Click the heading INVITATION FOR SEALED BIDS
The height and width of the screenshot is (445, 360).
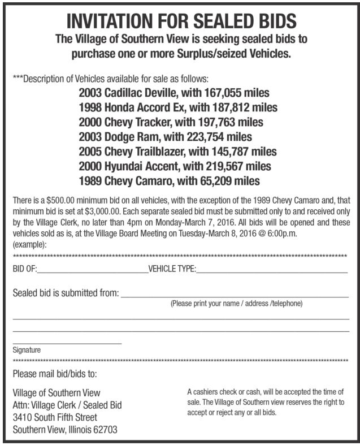tap(181, 21)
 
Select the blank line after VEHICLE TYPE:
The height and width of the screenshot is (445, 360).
tap(271, 272)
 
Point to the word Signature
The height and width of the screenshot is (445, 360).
tap(27, 350)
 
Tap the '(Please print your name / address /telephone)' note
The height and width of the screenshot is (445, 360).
tap(237, 304)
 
